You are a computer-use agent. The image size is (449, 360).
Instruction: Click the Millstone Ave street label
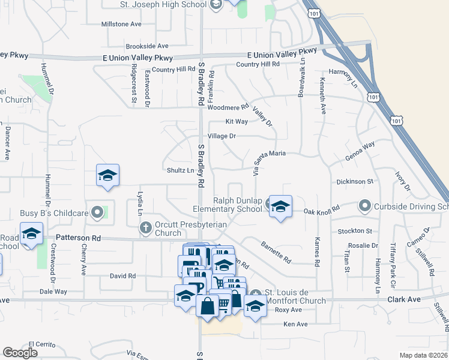click(x=122, y=25)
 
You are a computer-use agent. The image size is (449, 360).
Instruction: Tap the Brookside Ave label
click(x=147, y=46)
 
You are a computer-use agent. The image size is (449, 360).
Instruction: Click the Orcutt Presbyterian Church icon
click(x=145, y=227)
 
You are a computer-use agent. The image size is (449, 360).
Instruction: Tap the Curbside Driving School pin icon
click(x=364, y=207)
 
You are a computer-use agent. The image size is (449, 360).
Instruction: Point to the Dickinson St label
click(x=355, y=181)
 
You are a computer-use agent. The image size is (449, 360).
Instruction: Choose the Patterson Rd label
click(x=78, y=238)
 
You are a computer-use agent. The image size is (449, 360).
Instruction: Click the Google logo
click(x=20, y=353)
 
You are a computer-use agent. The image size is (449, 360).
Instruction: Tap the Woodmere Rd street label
click(x=228, y=108)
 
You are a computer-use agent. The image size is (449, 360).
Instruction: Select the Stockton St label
click(x=355, y=231)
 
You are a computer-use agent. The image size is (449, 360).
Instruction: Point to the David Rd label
click(x=122, y=276)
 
